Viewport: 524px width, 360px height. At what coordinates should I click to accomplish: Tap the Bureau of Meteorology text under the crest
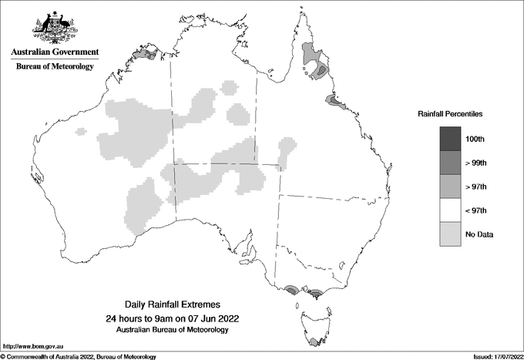click(x=54, y=67)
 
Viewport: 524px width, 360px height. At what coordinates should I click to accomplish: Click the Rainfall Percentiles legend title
click(x=450, y=113)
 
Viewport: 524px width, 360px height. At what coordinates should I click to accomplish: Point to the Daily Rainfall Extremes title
click(x=178, y=305)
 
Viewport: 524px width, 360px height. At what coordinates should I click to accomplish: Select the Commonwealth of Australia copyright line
click(x=78, y=357)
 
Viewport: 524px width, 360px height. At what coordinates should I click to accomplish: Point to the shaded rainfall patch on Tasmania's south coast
click(x=313, y=342)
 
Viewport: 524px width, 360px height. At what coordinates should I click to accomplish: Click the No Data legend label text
click(x=478, y=234)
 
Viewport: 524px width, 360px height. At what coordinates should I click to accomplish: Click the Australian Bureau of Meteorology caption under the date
click(x=178, y=330)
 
